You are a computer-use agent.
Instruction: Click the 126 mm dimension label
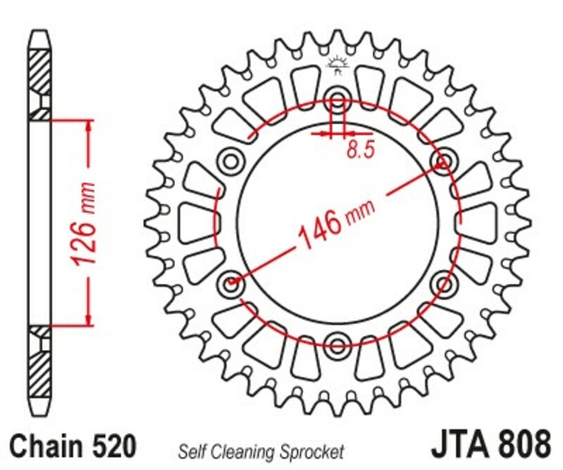point(85,224)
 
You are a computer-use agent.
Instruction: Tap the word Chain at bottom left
point(44,447)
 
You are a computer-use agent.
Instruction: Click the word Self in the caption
point(191,451)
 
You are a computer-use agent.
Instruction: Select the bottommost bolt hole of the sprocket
point(337,344)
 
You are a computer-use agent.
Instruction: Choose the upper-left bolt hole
point(230,161)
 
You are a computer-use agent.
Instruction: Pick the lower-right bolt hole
point(443,284)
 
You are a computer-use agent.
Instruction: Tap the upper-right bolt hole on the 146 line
point(443,162)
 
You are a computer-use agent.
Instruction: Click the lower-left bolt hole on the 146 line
point(231,284)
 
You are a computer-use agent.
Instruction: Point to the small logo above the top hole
point(337,65)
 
